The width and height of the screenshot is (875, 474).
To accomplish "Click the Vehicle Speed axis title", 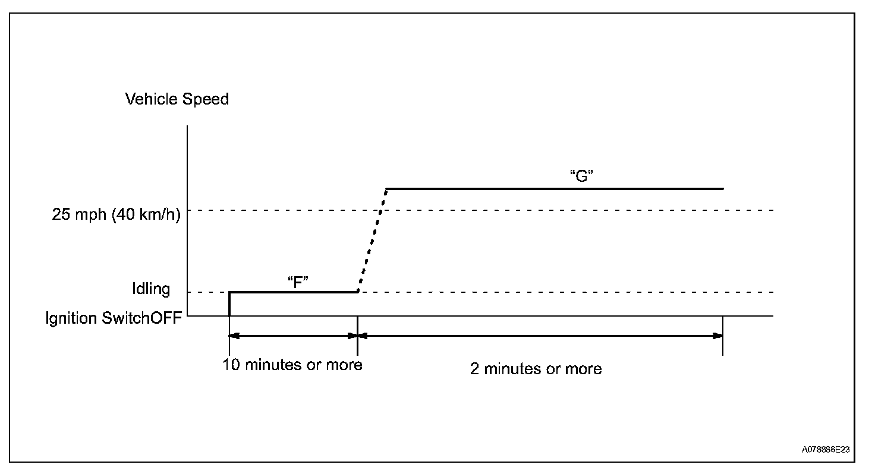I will pyautogui.click(x=177, y=99).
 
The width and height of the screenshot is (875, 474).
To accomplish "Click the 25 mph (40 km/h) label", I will pyautogui.click(x=116, y=214).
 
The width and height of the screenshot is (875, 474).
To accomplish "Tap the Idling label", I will pyautogui.click(x=151, y=289).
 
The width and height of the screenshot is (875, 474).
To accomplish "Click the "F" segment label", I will pyautogui.click(x=297, y=282).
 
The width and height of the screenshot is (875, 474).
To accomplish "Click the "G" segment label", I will pyautogui.click(x=582, y=176).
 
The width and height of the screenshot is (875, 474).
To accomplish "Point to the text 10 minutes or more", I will pyautogui.click(x=292, y=365).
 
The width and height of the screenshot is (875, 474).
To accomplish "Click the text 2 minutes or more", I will pyautogui.click(x=536, y=369).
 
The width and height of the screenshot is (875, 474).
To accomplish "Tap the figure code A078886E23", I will pyautogui.click(x=826, y=450).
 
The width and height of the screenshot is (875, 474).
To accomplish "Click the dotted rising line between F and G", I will pyautogui.click(x=372, y=241).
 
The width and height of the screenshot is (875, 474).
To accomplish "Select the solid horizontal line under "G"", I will pyautogui.click(x=555, y=189).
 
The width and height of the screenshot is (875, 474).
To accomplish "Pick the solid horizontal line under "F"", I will pyautogui.click(x=293, y=292).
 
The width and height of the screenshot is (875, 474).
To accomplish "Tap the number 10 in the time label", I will pyautogui.click(x=231, y=365).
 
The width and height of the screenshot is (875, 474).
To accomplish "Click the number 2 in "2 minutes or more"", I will pyautogui.click(x=474, y=369).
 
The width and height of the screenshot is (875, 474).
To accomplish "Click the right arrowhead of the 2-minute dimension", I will pyautogui.click(x=717, y=336).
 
